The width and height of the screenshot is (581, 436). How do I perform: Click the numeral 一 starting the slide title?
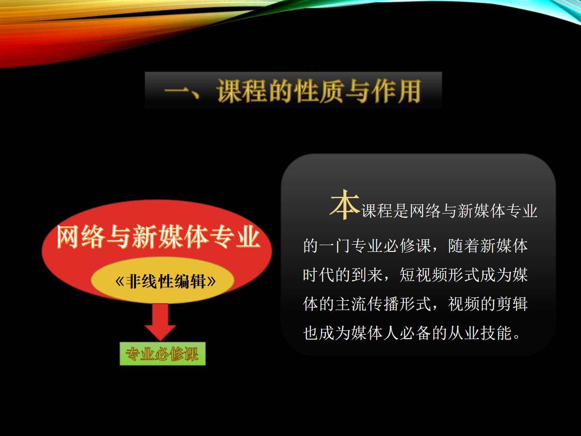(x=176, y=92)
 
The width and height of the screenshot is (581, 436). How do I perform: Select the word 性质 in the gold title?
(x=320, y=91)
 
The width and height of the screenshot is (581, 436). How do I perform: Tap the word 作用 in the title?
(x=396, y=91)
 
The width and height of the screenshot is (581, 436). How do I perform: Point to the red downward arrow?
(x=160, y=322)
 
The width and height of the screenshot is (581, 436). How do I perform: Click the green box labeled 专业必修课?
(x=163, y=354)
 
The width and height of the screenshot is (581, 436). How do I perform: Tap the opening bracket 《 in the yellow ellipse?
(x=120, y=281)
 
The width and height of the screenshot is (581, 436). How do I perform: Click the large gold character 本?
(x=344, y=204)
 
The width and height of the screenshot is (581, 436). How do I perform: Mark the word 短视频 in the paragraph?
(x=424, y=275)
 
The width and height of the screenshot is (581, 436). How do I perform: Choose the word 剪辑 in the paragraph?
(x=512, y=304)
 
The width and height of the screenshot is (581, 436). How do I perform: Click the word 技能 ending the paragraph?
(x=496, y=333)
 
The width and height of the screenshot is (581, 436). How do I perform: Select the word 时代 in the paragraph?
(x=319, y=275)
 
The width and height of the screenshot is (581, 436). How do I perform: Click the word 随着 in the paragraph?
(x=464, y=246)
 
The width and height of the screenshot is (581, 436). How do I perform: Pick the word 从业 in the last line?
(x=464, y=333)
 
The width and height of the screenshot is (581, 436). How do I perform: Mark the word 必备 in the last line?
(x=415, y=333)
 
